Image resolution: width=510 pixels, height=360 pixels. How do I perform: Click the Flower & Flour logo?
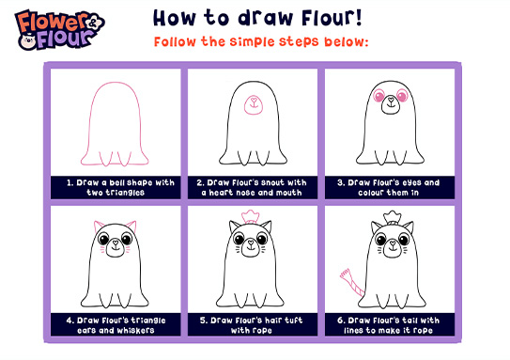60,30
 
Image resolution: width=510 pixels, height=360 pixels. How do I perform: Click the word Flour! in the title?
332,18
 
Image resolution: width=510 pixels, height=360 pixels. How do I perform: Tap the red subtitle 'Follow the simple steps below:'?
261,41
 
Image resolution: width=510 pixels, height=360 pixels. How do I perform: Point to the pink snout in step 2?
254,105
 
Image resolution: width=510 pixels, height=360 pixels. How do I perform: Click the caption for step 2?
252,187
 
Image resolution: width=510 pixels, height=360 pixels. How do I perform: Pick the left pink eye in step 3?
379,96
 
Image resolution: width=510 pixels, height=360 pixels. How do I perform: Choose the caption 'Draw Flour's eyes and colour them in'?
390,187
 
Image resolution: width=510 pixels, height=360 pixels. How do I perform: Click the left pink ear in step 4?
99,226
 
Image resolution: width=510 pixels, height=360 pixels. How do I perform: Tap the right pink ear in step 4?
131,226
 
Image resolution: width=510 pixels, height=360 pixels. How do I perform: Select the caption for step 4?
116,325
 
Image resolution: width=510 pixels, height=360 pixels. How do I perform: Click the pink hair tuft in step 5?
250,217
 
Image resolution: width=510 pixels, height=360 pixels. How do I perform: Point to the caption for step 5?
252,325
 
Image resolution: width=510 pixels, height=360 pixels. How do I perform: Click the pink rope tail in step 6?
352,283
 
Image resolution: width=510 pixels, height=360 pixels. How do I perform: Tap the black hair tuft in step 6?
393,218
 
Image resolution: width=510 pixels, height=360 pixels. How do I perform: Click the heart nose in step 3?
392,99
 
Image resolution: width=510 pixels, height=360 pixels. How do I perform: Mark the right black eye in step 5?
262,240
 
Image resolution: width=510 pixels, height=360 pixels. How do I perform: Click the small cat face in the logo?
28,40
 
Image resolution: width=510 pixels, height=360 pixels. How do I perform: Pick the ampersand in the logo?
93,23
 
